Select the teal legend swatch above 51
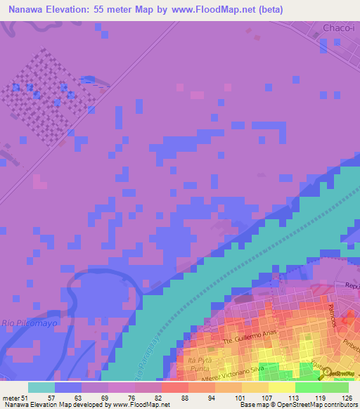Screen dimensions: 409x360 click(x=41, y=387)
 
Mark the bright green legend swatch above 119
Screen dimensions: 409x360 click(x=309, y=387)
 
